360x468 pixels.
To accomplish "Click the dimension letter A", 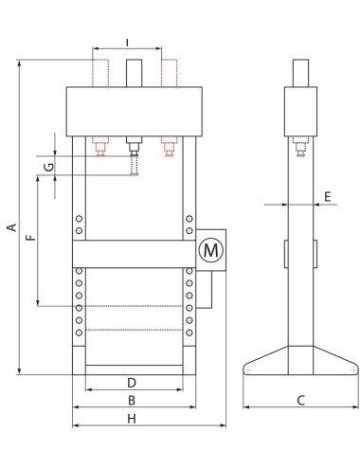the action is [12, 227].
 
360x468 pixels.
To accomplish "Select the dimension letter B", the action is [132, 401].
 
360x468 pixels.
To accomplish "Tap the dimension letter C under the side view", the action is [301, 401].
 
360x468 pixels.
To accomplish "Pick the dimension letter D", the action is [132, 383].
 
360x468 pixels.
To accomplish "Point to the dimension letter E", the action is [328, 197].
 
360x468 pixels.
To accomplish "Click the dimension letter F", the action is [31, 238].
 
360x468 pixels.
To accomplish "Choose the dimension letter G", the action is [49, 167].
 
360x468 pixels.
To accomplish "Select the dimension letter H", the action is [132, 419].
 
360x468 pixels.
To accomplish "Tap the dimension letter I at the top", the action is [127, 43].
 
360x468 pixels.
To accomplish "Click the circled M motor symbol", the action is [211, 250].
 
